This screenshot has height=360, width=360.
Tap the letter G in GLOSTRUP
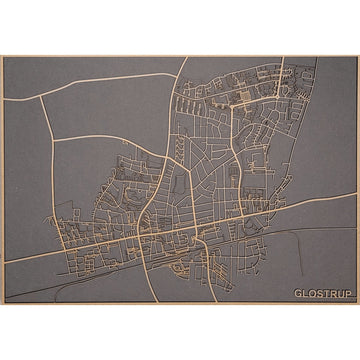point(298,293)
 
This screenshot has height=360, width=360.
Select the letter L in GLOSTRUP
point(305,293)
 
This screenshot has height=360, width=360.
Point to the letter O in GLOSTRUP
point(311,293)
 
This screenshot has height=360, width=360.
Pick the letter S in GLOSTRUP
point(318,293)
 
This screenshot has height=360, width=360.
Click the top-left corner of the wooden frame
point(2,56)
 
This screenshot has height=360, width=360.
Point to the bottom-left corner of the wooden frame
point(2,304)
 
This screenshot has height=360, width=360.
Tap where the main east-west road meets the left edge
point(5,262)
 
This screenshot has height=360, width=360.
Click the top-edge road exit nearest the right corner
point(284,59)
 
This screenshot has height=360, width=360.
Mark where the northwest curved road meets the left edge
point(5,101)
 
